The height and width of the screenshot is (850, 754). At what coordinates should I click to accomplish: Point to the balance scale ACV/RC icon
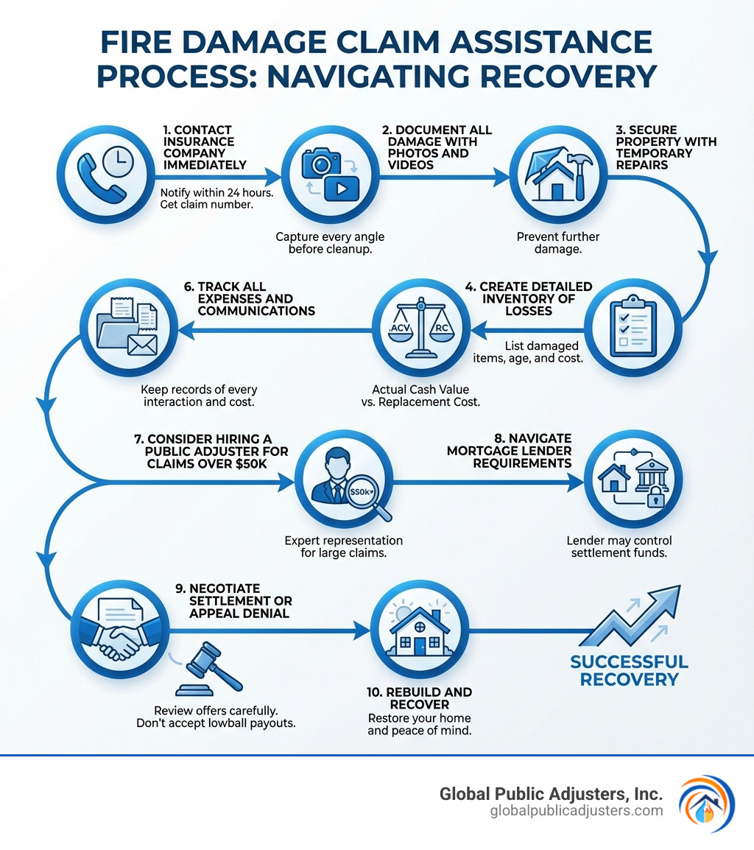pyautogui.click(x=421, y=332)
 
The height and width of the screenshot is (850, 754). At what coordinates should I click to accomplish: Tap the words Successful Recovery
pyautogui.click(x=629, y=670)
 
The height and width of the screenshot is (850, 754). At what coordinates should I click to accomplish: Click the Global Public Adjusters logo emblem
pyautogui.click(x=705, y=803)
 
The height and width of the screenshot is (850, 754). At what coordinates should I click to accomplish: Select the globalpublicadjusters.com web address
pyautogui.click(x=576, y=811)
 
